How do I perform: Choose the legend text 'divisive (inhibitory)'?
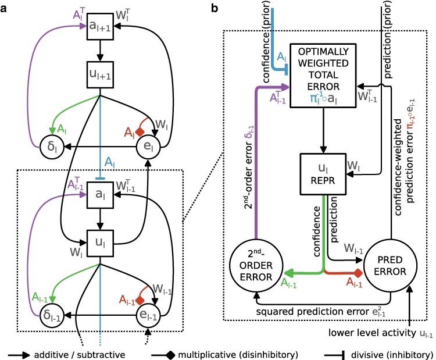click(x=389, y=352)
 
